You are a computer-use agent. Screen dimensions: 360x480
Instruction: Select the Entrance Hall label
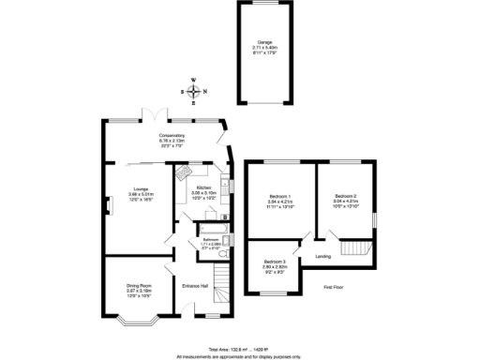pyautogui.click(x=195, y=285)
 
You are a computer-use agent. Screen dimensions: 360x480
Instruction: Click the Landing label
pyautogui.click(x=322, y=255)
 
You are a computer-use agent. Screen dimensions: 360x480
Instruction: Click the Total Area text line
pyautogui.click(x=239, y=348)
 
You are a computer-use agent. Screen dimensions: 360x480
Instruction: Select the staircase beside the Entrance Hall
pyautogui.click(x=220, y=281)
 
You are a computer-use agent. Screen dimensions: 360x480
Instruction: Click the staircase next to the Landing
pyautogui.click(x=355, y=247)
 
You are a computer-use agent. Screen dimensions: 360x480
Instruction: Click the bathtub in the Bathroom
pyautogui.click(x=210, y=227)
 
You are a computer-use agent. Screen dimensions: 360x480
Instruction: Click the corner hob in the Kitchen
pyautogui.click(x=180, y=173)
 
